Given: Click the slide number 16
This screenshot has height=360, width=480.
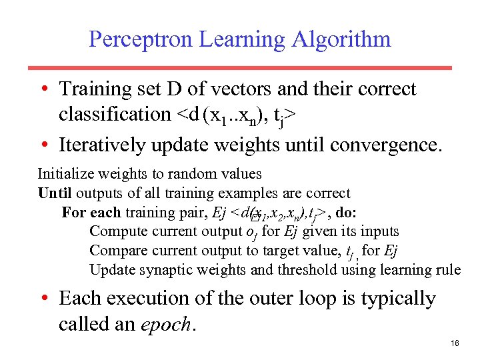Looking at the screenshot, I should pyautogui.click(x=456, y=343).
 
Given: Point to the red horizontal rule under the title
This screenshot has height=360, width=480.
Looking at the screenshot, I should pyautogui.click(x=239, y=68).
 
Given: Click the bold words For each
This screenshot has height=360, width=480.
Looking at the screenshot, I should pyautogui.click(x=91, y=213).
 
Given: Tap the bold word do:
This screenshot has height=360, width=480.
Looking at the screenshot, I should pyautogui.click(x=347, y=213).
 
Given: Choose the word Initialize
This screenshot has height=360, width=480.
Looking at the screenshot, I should pyautogui.click(x=66, y=174).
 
